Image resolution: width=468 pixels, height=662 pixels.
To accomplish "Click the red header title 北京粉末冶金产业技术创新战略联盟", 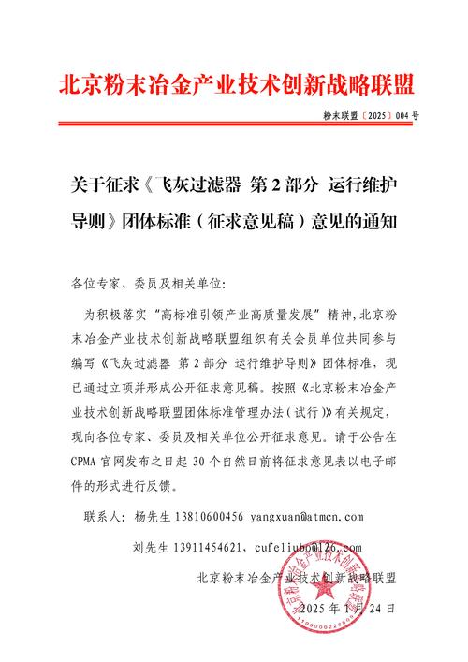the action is click(234, 83).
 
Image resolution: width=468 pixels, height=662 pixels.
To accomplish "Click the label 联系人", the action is click(104, 516).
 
